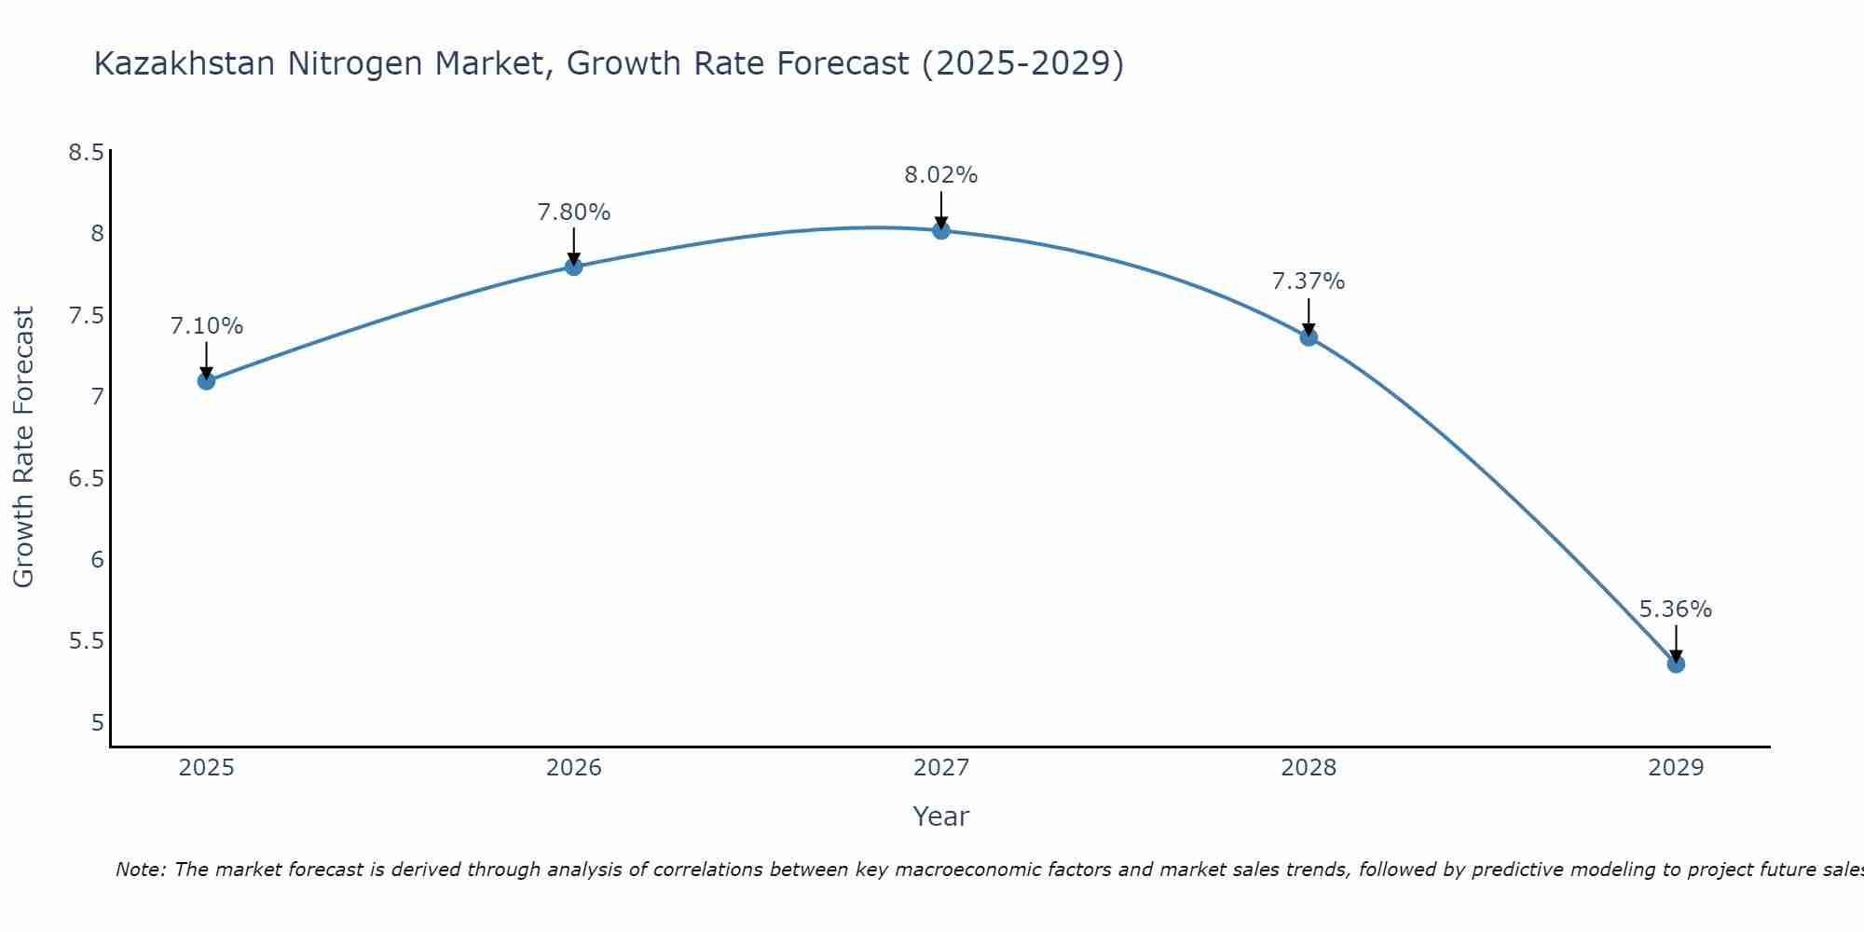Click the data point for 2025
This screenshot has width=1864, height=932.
[x=206, y=380]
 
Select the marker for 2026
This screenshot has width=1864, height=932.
[x=574, y=267]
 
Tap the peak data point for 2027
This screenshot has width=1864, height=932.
[x=941, y=230]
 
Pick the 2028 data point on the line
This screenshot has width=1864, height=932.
[x=1309, y=336]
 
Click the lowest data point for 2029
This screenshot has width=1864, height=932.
[x=1676, y=664]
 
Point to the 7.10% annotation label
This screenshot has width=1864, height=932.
[x=206, y=326]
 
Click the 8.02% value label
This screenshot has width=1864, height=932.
[x=941, y=175]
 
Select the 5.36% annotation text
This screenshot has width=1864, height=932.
[x=1676, y=610]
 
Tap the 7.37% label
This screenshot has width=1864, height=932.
[x=1309, y=281]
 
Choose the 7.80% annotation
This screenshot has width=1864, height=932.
[x=574, y=212]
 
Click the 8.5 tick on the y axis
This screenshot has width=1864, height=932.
[x=87, y=153]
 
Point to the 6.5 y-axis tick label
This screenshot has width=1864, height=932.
[x=87, y=479]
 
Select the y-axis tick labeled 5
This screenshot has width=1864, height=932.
[x=98, y=723]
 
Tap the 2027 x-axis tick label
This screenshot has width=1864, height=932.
[x=941, y=768]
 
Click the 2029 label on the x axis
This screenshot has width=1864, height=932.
[x=1676, y=768]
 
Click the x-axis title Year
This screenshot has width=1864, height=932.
[x=941, y=816]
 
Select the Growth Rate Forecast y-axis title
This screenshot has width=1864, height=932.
[x=23, y=447]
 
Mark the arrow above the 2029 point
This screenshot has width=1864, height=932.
[x=1676, y=643]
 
